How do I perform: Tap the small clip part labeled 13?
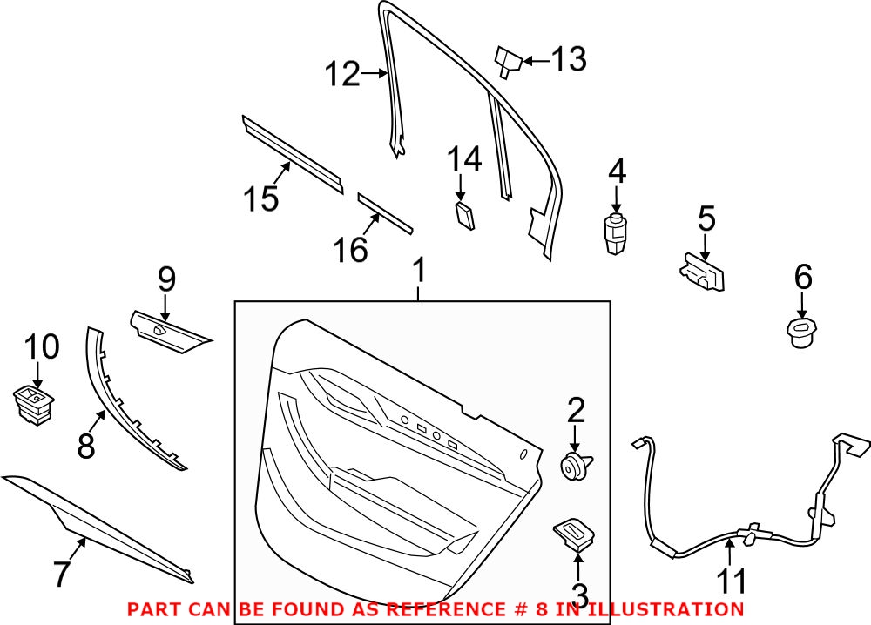(x=507, y=62)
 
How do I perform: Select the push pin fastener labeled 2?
(x=574, y=467)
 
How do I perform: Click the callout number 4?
(x=617, y=171)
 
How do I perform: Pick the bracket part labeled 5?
(x=703, y=272)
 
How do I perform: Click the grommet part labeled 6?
(x=801, y=333)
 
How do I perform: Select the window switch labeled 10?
(x=34, y=405)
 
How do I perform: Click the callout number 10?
(x=41, y=347)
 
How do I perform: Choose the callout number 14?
(x=464, y=160)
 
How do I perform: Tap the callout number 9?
(x=166, y=280)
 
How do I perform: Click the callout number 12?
(x=343, y=75)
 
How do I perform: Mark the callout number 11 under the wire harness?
(x=732, y=581)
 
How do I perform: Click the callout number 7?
(x=61, y=574)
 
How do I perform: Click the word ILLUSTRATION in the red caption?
(x=665, y=608)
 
